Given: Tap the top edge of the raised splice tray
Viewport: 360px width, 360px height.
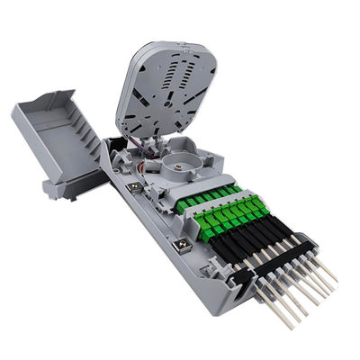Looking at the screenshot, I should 180,42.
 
